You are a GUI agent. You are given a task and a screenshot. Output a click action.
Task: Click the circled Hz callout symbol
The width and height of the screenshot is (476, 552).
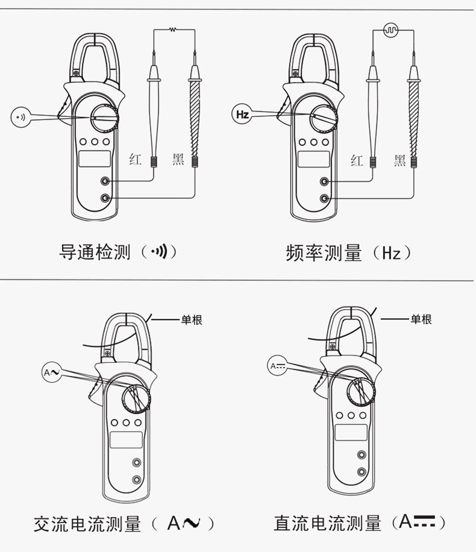[242, 114]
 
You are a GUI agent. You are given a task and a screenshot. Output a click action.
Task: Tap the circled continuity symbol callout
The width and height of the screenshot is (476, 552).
[21, 118]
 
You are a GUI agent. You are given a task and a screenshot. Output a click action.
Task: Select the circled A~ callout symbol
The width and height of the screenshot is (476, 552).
[52, 372]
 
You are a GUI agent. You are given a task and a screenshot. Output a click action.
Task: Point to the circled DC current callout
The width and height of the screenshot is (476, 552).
[277, 366]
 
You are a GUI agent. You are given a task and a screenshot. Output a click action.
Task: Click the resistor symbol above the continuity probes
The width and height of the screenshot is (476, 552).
[172, 30]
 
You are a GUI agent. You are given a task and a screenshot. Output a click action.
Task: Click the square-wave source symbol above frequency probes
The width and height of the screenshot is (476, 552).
[391, 30]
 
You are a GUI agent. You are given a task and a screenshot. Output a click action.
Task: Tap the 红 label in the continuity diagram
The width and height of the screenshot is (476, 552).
[136, 159]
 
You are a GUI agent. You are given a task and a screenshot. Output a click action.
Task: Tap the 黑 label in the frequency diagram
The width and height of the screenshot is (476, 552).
[400, 160]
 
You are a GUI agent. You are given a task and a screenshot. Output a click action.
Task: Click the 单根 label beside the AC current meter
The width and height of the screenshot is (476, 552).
[192, 319]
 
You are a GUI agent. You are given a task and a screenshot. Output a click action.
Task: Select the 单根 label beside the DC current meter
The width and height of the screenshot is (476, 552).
[421, 319]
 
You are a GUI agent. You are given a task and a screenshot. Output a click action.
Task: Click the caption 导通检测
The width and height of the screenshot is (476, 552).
[95, 252]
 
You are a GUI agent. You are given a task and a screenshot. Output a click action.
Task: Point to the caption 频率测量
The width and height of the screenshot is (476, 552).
[324, 252]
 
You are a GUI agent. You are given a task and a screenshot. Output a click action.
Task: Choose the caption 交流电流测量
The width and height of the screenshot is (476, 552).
[87, 524]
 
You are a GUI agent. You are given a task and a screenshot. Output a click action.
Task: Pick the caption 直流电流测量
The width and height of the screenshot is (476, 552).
[328, 523]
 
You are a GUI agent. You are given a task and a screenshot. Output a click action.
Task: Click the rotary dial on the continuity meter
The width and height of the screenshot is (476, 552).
[105, 118]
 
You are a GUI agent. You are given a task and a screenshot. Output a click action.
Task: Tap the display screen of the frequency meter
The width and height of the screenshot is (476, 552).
[314, 159]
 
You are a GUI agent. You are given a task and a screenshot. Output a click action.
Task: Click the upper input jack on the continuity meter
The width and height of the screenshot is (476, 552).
[105, 181]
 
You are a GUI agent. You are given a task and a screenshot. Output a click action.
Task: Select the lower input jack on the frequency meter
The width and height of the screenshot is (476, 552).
[324, 198]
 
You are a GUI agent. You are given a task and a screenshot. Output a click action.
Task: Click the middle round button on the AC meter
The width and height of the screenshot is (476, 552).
[126, 422]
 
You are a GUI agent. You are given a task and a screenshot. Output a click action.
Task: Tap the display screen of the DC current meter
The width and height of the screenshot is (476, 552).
[351, 433]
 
